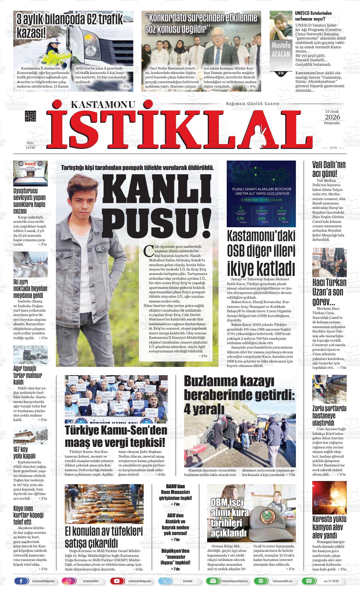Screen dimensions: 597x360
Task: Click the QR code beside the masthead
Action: [x=31, y=116]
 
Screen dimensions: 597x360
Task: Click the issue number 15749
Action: [x=30, y=148]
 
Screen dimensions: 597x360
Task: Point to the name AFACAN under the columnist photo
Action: [x=281, y=54]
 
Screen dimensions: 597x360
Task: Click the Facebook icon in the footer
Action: [x=21, y=581]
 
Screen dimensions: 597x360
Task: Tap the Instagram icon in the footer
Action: [x=68, y=581]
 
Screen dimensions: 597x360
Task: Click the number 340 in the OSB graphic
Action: [x=261, y=218]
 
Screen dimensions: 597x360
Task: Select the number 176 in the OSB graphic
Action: [x=282, y=218]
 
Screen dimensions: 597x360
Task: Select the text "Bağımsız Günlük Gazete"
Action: [x=252, y=104]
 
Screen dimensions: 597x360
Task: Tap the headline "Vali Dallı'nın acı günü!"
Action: [x=329, y=169]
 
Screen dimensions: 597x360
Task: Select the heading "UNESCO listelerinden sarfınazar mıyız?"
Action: [x=313, y=16]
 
